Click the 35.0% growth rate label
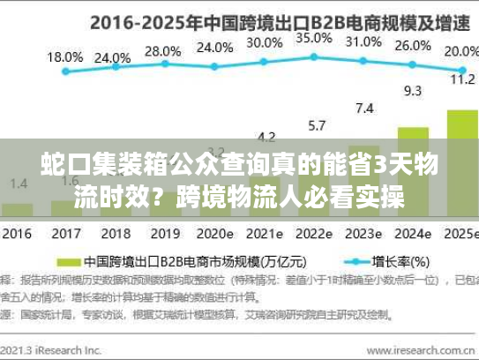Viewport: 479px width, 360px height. [x=313, y=38]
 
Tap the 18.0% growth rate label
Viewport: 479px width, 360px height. [x=65, y=56]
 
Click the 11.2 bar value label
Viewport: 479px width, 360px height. [x=462, y=79]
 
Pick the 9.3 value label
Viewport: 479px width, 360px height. [x=412, y=90]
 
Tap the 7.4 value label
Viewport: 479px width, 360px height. [x=363, y=109]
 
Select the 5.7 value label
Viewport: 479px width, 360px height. [x=317, y=124]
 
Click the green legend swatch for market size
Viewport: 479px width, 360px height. [x=69, y=262]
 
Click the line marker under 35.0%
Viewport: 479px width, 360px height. [x=314, y=58]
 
